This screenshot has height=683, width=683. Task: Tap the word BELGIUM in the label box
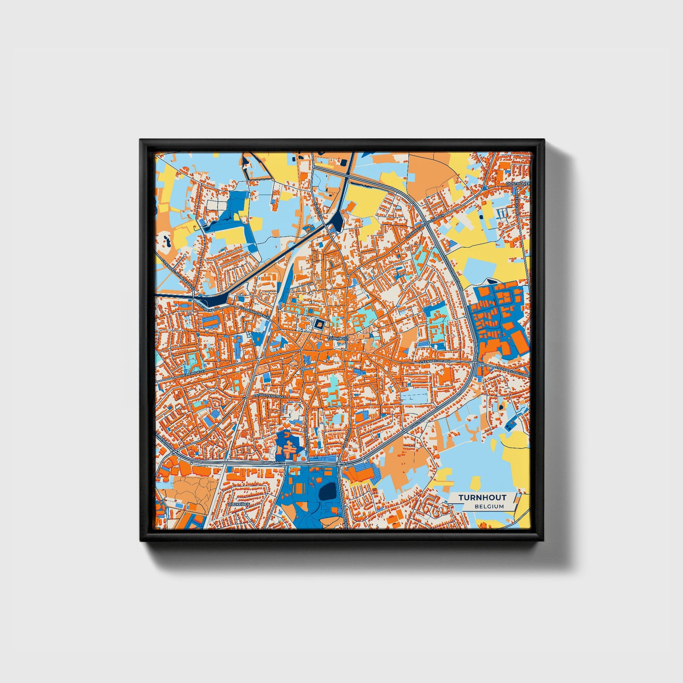[489, 506]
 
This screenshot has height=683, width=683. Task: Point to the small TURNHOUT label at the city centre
[338, 338]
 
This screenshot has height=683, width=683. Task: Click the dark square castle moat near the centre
[319, 324]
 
